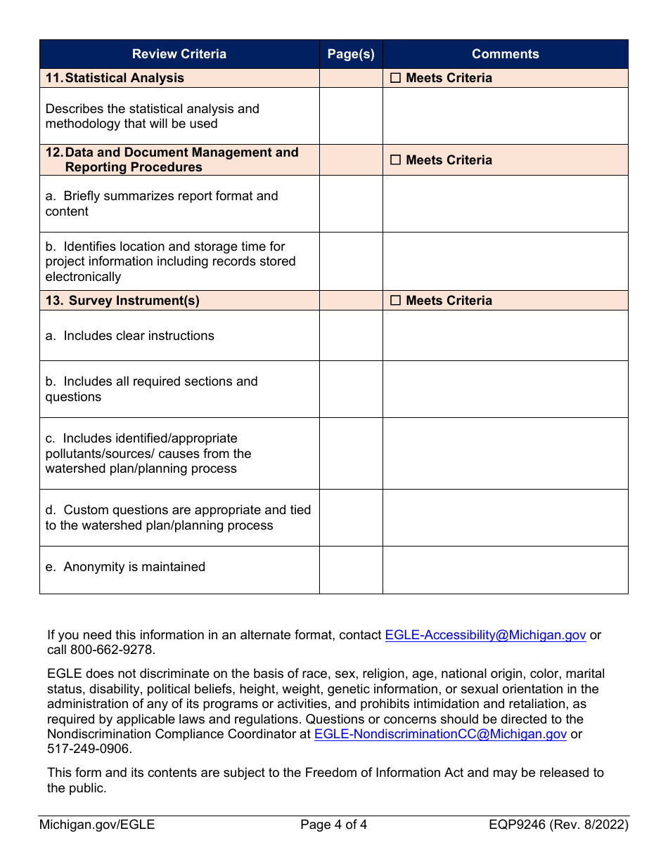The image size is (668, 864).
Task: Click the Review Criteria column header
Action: click(x=179, y=54)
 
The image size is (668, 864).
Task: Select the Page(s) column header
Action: click(x=351, y=54)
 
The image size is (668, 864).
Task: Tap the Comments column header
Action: click(x=505, y=54)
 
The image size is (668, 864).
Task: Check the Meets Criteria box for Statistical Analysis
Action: click(x=396, y=79)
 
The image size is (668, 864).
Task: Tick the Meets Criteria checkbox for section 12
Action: click(x=396, y=160)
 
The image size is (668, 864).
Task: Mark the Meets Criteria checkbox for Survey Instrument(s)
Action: click(x=396, y=301)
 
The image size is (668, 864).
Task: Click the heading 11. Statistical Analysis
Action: click(x=115, y=78)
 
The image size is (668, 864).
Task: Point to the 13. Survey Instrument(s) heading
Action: click(x=122, y=301)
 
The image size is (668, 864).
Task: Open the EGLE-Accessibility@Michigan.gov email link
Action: click(x=485, y=635)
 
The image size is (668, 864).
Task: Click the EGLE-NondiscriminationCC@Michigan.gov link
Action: click(x=440, y=734)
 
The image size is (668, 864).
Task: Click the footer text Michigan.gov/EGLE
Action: click(x=97, y=825)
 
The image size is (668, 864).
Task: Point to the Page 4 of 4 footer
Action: click(x=333, y=825)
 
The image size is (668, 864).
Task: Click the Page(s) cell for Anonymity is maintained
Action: click(x=351, y=570)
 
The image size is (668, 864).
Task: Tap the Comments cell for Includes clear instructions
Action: click(x=505, y=336)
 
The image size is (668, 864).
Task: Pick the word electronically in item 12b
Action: click(x=83, y=277)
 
